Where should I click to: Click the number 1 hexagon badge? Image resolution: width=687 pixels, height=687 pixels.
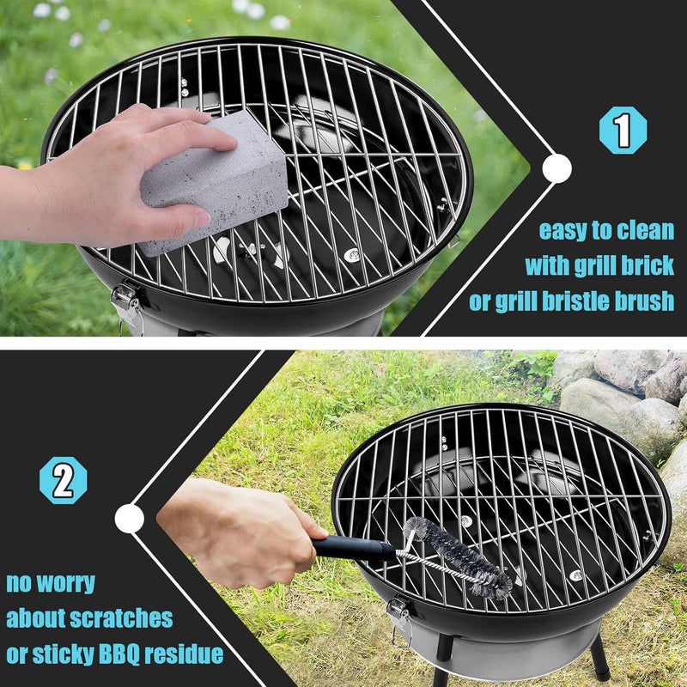tap(623, 131)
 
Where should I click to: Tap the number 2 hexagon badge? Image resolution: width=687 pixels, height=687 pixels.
tap(63, 480)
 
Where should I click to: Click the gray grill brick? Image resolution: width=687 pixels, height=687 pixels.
tap(214, 183)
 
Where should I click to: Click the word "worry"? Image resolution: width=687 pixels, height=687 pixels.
tap(66, 584)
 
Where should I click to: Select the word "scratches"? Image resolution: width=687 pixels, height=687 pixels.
tap(121, 618)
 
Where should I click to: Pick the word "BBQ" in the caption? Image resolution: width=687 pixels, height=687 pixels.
tap(119, 654)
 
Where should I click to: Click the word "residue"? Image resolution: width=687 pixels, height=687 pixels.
tap(184, 654)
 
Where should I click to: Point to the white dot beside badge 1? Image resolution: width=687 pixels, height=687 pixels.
tap(556, 168)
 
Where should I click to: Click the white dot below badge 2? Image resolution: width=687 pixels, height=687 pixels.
tap(130, 519)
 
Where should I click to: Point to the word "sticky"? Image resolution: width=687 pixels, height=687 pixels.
tap(63, 654)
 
